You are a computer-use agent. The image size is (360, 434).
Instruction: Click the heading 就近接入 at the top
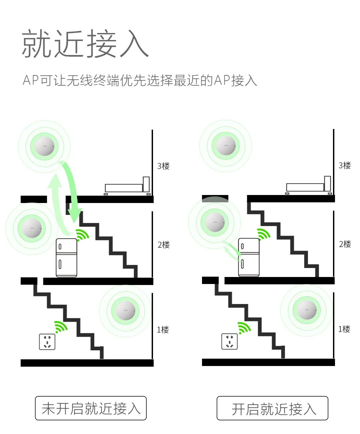point(85,44)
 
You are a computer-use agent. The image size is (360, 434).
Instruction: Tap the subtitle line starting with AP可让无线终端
point(140,80)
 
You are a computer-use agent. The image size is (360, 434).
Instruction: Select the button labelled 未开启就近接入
point(91,408)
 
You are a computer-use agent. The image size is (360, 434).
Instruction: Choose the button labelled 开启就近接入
point(272,408)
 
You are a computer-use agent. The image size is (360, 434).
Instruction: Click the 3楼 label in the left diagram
point(163,166)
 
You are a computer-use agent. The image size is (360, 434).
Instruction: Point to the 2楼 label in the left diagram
point(164,245)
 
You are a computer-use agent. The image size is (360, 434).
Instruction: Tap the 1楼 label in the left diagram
point(163,330)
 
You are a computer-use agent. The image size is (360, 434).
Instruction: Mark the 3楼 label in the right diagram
point(345,165)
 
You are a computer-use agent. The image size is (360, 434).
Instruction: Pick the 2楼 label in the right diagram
point(345,244)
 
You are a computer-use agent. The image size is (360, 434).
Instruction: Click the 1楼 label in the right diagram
point(344,329)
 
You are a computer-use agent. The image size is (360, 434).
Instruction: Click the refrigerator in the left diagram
point(66,258)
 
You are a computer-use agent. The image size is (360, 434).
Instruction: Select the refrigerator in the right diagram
point(249,257)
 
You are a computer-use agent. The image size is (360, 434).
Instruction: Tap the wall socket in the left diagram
point(47,342)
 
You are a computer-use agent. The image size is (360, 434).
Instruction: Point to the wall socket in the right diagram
point(230,341)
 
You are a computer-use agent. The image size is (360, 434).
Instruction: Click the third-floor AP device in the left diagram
point(44,146)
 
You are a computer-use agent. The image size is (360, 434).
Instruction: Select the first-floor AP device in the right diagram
point(307,310)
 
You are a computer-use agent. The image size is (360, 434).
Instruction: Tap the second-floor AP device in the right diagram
point(215,222)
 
